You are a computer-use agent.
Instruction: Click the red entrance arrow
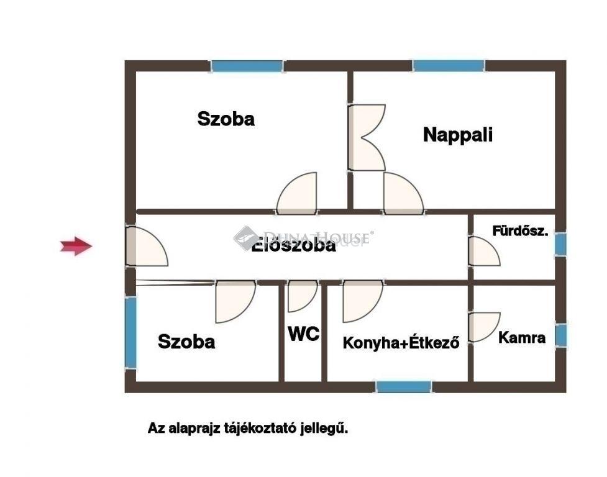pyautogui.click(x=76, y=246)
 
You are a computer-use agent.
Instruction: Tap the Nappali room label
pyautogui.click(x=457, y=135)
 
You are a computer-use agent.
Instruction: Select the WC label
pyautogui.click(x=304, y=334)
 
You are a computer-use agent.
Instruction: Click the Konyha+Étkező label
pyautogui.click(x=401, y=343)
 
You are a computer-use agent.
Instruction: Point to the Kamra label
pyautogui.click(x=522, y=337)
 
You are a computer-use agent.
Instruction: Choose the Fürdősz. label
pyautogui.click(x=520, y=231)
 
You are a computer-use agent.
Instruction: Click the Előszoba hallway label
pyautogui.click(x=293, y=246)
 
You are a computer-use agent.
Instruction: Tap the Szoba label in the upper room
pyautogui.click(x=226, y=119)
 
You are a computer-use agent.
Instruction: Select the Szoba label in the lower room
pyautogui.click(x=186, y=342)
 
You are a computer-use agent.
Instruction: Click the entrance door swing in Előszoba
pyautogui.click(x=147, y=246)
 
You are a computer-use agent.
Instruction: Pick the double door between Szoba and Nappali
pyautogui.click(x=367, y=137)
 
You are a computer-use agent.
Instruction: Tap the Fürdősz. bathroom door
pyautogui.click(x=484, y=251)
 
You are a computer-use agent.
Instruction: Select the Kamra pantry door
pyautogui.click(x=484, y=327)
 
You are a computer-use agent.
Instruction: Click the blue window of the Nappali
pyautogui.click(x=449, y=66)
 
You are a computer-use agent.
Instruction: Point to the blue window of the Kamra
pyautogui.click(x=561, y=335)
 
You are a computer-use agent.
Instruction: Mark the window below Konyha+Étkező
pyautogui.click(x=404, y=387)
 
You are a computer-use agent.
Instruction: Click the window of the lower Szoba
pyautogui.click(x=130, y=332)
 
